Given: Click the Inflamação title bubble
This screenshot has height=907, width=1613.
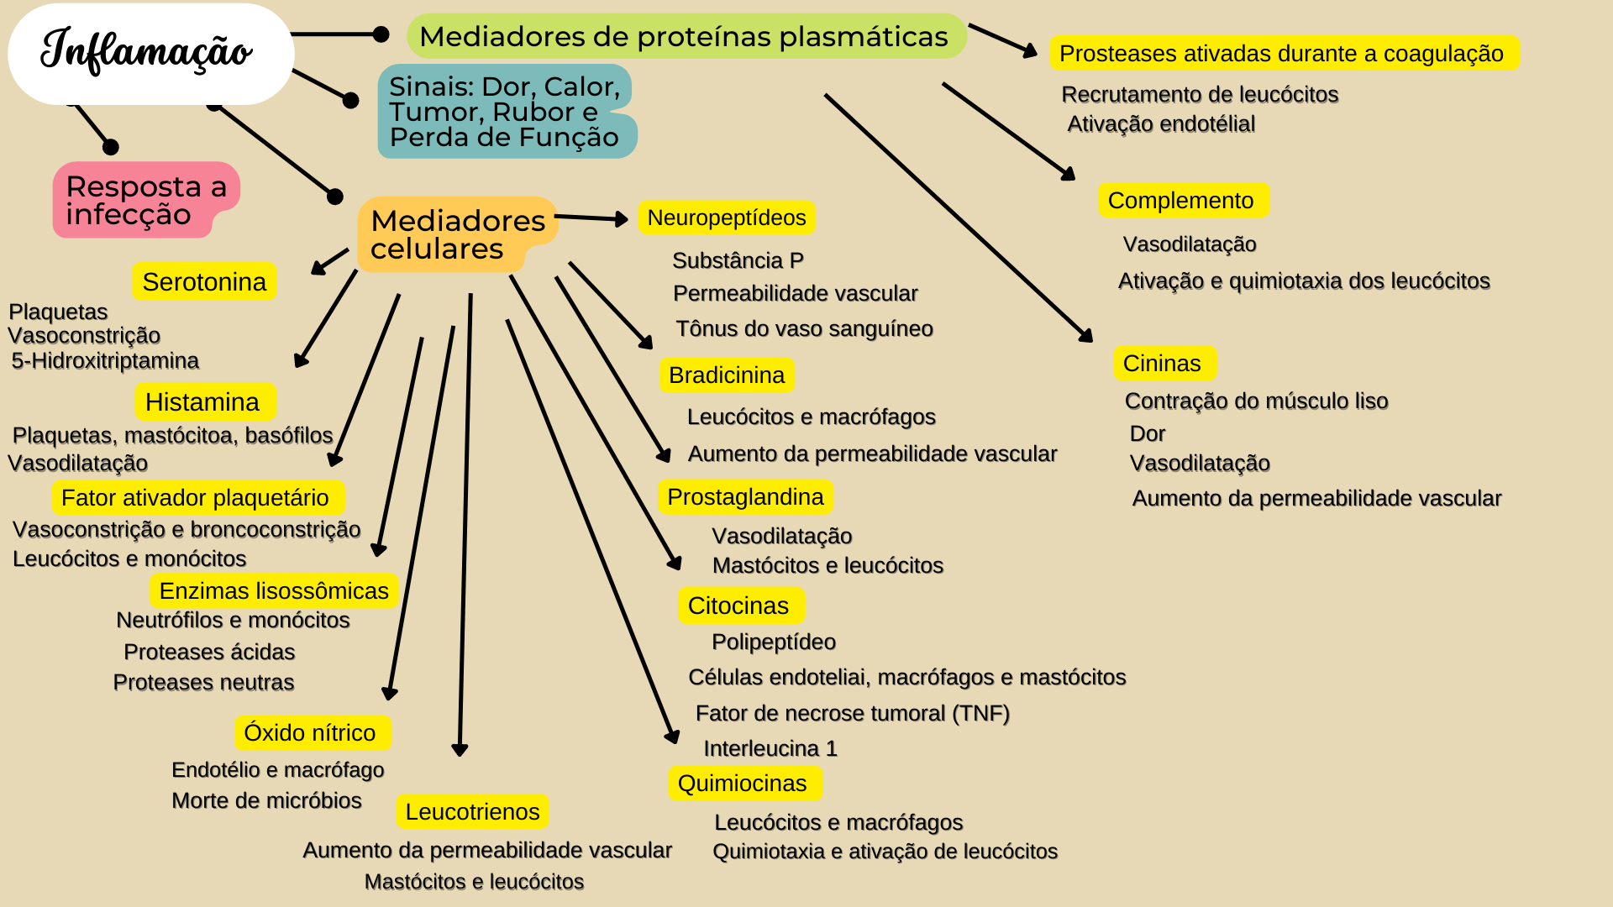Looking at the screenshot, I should point(150,52).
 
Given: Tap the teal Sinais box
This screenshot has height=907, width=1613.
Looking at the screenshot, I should point(504,112).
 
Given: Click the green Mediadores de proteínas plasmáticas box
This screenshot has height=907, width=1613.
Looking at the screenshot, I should point(684,37).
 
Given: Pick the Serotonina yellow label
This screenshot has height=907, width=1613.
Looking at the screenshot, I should point(204,282).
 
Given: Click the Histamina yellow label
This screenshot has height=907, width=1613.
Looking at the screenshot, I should point(203,402).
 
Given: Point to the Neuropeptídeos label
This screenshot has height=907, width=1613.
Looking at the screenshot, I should point(726,218).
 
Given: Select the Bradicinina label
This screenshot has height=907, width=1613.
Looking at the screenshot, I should point(726,375).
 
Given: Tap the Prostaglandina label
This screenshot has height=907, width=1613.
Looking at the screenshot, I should point(745,497).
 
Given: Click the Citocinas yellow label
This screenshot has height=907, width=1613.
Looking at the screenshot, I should point(738,606).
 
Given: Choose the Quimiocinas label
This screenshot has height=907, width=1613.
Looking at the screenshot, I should point(743,784).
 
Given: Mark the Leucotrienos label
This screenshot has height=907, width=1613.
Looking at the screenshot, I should point(472,812).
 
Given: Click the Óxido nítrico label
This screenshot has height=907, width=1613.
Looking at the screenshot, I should point(310,733).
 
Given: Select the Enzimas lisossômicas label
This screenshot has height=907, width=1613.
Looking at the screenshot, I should point(274,591).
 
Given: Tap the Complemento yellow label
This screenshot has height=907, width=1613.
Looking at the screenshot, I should point(1181,201).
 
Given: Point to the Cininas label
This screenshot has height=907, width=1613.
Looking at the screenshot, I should point(1162,364).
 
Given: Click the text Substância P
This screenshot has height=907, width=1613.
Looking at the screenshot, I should point(738,261).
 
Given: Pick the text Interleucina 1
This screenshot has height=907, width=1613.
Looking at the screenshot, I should point(770,748).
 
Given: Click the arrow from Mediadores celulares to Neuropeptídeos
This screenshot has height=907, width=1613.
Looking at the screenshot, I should point(591,218).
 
